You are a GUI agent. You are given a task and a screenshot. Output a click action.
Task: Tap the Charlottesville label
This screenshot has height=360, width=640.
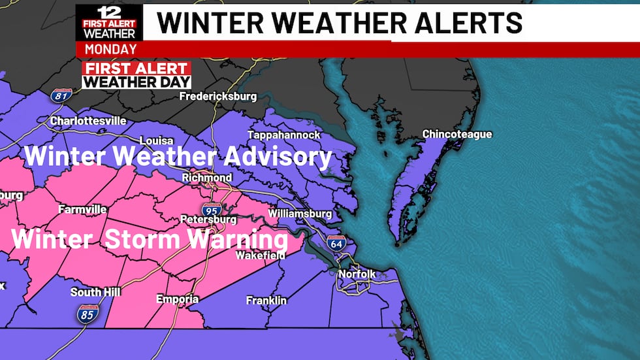coord(88,121)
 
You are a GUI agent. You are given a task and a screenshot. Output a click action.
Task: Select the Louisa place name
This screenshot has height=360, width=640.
coord(157,140)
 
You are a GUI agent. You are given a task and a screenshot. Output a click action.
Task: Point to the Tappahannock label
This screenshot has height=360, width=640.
coord(284,135)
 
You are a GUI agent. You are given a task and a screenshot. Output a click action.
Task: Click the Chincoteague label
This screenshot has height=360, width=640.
coord(457,134)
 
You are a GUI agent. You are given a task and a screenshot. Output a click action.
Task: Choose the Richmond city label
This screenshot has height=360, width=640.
coord(207,178)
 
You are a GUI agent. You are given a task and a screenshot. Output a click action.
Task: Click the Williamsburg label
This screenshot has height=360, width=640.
coord(300,214)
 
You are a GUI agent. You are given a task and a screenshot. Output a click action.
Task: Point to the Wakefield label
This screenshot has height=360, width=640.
coord(261,255)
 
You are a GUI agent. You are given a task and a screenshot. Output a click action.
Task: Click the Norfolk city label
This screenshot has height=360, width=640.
coord(357,274)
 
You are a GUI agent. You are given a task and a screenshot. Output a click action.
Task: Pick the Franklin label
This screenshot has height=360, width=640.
coord(266,301)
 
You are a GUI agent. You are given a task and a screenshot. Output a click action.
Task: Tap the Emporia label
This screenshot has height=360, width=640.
coord(177,299)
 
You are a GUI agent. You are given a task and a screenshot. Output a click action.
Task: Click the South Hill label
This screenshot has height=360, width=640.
coord(95,292)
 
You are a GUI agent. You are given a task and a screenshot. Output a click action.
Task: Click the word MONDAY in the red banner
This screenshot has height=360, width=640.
coord(110,49)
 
